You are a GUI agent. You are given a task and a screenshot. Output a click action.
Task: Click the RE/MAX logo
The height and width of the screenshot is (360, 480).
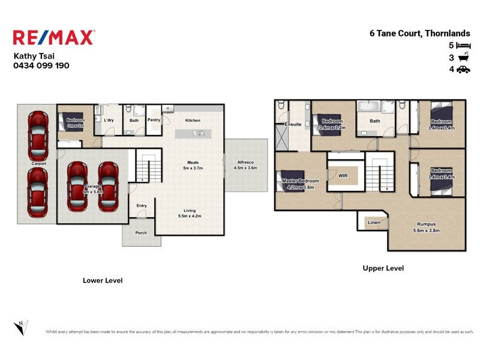[x=53, y=38]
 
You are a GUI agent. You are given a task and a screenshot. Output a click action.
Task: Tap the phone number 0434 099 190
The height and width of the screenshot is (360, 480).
[x=41, y=65]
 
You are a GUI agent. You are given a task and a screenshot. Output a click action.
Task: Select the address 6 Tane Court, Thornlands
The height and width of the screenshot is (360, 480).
[x=419, y=34]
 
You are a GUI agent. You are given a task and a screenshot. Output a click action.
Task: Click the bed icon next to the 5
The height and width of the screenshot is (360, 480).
[x=463, y=46]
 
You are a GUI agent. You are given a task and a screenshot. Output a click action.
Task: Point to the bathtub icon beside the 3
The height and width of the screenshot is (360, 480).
[x=463, y=58]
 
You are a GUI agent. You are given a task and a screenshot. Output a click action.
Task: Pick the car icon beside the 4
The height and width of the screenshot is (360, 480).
[x=463, y=70]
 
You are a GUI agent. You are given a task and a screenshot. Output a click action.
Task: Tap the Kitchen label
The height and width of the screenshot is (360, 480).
[x=193, y=121]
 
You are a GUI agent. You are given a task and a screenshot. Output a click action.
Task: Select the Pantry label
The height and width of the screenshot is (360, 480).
[x=154, y=120]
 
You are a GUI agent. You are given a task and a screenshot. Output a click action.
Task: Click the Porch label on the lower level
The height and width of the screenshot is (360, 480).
[x=141, y=233]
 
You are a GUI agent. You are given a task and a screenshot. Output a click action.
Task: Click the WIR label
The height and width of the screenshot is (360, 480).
[x=343, y=176]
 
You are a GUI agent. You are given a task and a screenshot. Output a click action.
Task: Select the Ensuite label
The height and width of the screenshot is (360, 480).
[x=293, y=125]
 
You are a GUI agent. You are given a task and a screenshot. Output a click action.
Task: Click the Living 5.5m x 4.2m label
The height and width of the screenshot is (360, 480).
[x=190, y=213]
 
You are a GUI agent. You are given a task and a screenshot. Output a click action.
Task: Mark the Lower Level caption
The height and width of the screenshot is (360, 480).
[x=102, y=280]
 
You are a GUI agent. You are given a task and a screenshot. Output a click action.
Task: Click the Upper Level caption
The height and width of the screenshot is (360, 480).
[x=383, y=268]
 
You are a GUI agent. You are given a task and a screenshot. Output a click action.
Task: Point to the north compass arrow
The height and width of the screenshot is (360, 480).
[x=20, y=327]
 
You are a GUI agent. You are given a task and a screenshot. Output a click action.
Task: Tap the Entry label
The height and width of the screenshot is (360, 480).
[x=142, y=206]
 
